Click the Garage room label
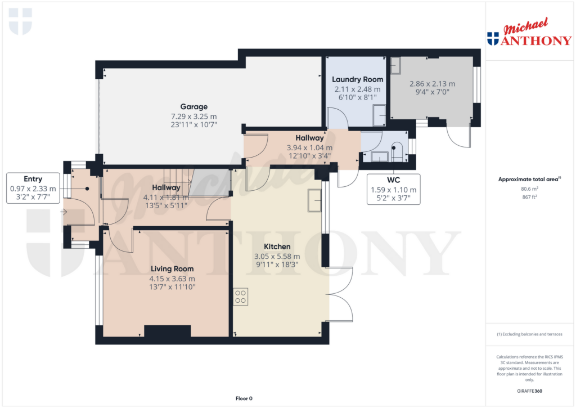(193, 106)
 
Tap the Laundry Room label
(357, 79)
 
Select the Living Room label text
(172, 268)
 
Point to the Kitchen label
(277, 246)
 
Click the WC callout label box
(393, 189)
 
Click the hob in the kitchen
(241, 297)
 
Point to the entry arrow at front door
(64, 212)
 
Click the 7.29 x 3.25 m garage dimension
(193, 116)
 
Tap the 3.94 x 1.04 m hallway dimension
(309, 148)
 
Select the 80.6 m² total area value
(529, 190)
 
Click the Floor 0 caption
(244, 398)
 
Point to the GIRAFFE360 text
(529, 391)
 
